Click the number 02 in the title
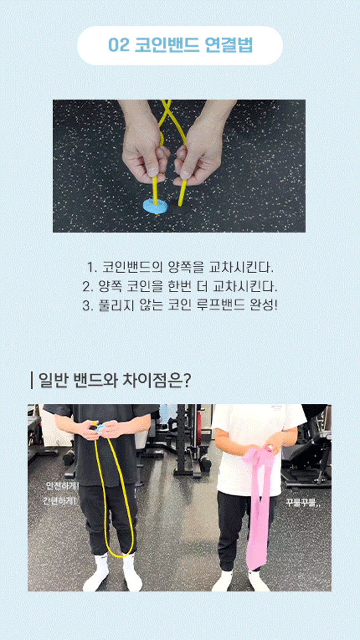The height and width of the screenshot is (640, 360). click(x=118, y=45)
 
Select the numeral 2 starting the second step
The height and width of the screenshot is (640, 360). click(x=87, y=287)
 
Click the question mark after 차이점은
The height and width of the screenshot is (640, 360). click(x=187, y=381)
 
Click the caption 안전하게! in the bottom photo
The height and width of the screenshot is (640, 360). click(x=62, y=486)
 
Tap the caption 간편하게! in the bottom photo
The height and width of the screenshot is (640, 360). click(x=60, y=501)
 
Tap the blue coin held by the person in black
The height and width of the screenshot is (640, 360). click(x=101, y=428)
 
